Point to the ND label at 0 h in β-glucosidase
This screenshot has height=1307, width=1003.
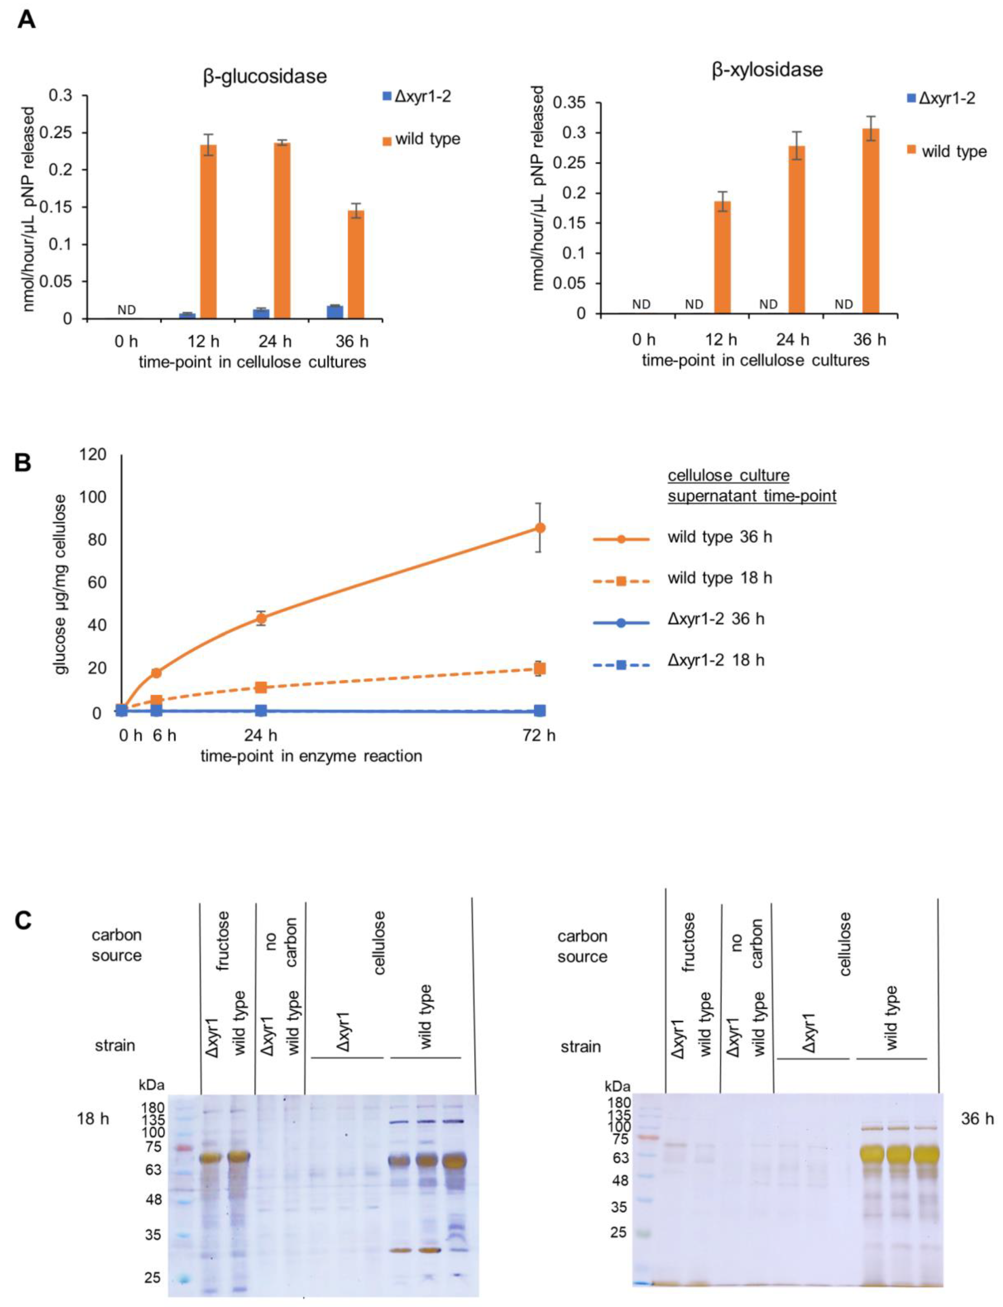click(x=126, y=310)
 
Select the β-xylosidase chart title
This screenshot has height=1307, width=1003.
click(x=767, y=70)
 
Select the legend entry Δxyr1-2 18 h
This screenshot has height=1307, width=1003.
click(x=715, y=660)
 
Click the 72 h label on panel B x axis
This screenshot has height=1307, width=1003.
click(x=538, y=735)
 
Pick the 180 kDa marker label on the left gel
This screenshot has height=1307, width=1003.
click(x=153, y=1108)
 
